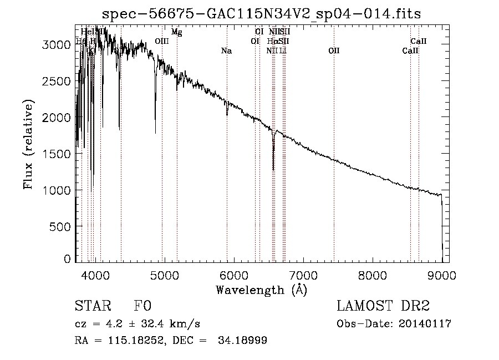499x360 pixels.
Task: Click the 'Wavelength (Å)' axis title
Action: (x=261, y=290)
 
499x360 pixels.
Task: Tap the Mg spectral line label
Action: (x=176, y=32)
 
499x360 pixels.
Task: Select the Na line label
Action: (x=226, y=51)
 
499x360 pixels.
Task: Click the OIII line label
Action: (x=162, y=41)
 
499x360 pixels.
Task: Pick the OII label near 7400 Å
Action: (x=334, y=51)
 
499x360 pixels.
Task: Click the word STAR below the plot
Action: (x=92, y=307)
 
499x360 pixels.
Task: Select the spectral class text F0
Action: (x=142, y=307)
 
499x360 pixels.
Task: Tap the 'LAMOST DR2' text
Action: (x=383, y=307)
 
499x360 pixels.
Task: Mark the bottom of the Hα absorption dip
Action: (x=273, y=169)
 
